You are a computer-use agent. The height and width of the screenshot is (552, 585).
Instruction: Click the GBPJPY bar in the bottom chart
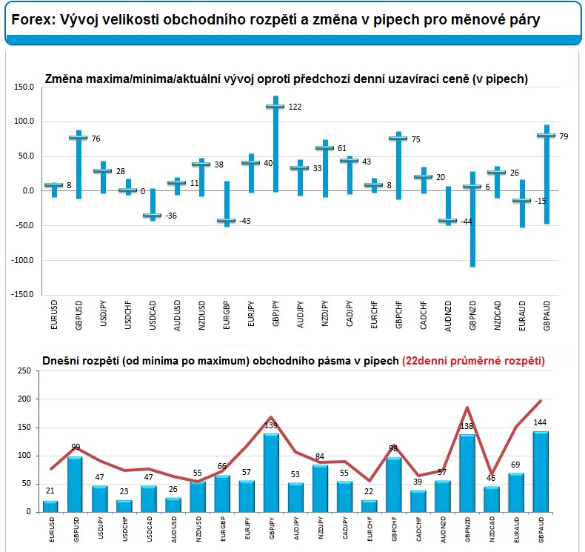pyautogui.click(x=271, y=473)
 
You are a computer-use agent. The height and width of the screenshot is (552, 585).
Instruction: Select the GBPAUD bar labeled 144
pyautogui.click(x=541, y=472)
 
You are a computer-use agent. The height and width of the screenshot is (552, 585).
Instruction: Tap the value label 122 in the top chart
pyautogui.click(x=295, y=107)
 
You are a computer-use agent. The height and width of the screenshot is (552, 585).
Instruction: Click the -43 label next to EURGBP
pyautogui.click(x=245, y=221)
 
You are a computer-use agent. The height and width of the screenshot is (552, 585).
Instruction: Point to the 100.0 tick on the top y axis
pyautogui.click(x=24, y=122)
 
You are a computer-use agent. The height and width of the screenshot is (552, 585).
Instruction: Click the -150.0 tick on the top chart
pyautogui.click(x=22, y=294)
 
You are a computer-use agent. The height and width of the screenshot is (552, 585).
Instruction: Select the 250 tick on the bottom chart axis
pyautogui.click(x=24, y=370)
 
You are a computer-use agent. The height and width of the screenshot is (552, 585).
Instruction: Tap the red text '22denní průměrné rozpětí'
pyautogui.click(x=473, y=361)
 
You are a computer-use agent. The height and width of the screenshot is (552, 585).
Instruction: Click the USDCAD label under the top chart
pyautogui.click(x=153, y=316)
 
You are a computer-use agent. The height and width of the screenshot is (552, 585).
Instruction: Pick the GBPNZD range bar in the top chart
pyautogui.click(x=472, y=219)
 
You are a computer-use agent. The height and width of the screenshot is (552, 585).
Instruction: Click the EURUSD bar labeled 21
pyautogui.click(x=50, y=507)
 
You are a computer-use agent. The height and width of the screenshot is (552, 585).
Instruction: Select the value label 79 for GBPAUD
pyautogui.click(x=564, y=136)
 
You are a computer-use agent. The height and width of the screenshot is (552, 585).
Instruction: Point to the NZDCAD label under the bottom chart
pyautogui.click(x=492, y=529)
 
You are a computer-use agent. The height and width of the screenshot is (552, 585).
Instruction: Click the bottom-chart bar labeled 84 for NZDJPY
pyautogui.click(x=320, y=488)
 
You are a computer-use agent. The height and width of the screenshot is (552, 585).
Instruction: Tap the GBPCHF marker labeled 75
pyautogui.click(x=398, y=138)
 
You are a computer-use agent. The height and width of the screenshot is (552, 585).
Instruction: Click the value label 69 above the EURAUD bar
pyautogui.click(x=515, y=465)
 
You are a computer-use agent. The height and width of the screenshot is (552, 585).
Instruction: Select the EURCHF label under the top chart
pyautogui.click(x=374, y=315)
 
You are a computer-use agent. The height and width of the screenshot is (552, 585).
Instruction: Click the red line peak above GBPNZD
pyautogui.click(x=467, y=408)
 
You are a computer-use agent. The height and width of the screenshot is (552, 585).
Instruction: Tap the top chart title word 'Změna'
pyautogui.click(x=64, y=79)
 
